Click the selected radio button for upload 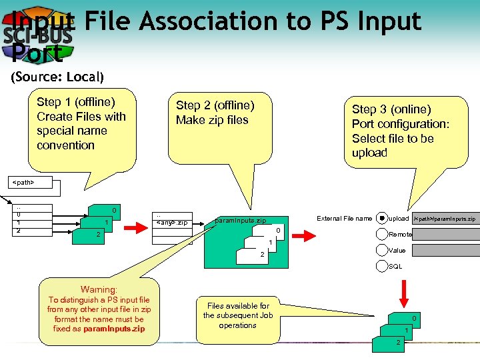(x=381, y=218)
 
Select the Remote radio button (x=381, y=234)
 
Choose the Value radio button (x=381, y=250)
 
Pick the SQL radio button (x=381, y=266)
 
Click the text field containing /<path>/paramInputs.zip (x=445, y=218)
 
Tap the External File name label (x=344, y=218)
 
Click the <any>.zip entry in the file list (x=172, y=223)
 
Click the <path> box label (x=24, y=181)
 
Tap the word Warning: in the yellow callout (x=99, y=290)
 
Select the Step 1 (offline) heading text (x=75, y=102)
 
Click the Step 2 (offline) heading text (x=215, y=105)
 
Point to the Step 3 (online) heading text (x=391, y=109)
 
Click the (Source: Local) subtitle (x=57, y=77)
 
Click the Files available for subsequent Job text (x=237, y=315)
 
